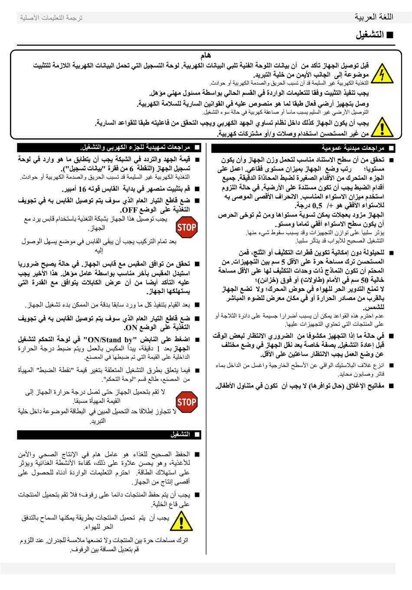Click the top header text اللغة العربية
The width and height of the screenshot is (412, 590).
[374, 17]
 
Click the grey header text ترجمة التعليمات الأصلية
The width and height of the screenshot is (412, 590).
[51, 18]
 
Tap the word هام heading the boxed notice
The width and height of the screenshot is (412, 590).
[206, 56]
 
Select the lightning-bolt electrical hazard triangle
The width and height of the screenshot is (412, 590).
[383, 74]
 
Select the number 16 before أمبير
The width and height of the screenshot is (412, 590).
[82, 189]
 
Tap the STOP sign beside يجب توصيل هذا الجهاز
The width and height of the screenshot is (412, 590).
[186, 227]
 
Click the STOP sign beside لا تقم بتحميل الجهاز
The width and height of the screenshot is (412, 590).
[186, 402]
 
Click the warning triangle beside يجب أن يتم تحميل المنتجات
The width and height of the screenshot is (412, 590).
[181, 521]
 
